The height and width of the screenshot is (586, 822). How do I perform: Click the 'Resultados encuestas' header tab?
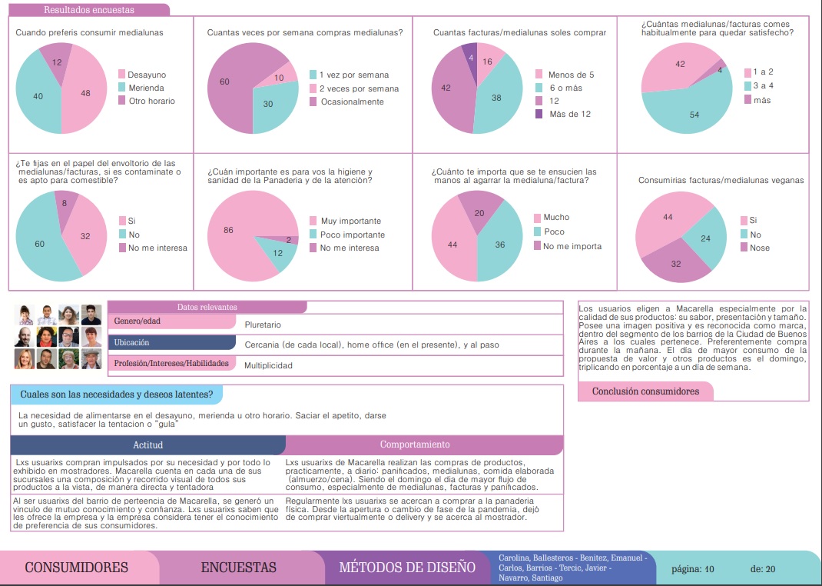[89, 10]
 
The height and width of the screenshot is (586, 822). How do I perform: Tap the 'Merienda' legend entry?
[141, 88]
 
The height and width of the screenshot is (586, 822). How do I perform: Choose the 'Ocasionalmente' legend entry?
[346, 102]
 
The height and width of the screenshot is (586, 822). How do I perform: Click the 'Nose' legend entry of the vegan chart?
[755, 248]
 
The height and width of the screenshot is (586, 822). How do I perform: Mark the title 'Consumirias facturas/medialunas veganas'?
[721, 180]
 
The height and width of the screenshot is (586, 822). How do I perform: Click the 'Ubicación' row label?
[131, 342]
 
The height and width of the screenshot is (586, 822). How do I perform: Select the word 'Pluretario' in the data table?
[263, 325]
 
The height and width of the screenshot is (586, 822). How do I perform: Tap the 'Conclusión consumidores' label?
[645, 391]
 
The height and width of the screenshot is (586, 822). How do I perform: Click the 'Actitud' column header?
[147, 444]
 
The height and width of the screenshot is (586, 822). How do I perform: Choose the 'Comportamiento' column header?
[415, 444]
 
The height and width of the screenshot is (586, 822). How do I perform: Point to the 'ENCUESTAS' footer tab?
[238, 567]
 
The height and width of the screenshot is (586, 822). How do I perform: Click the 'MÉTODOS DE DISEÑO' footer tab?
[407, 567]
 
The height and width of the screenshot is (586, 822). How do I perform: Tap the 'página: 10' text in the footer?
[692, 568]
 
